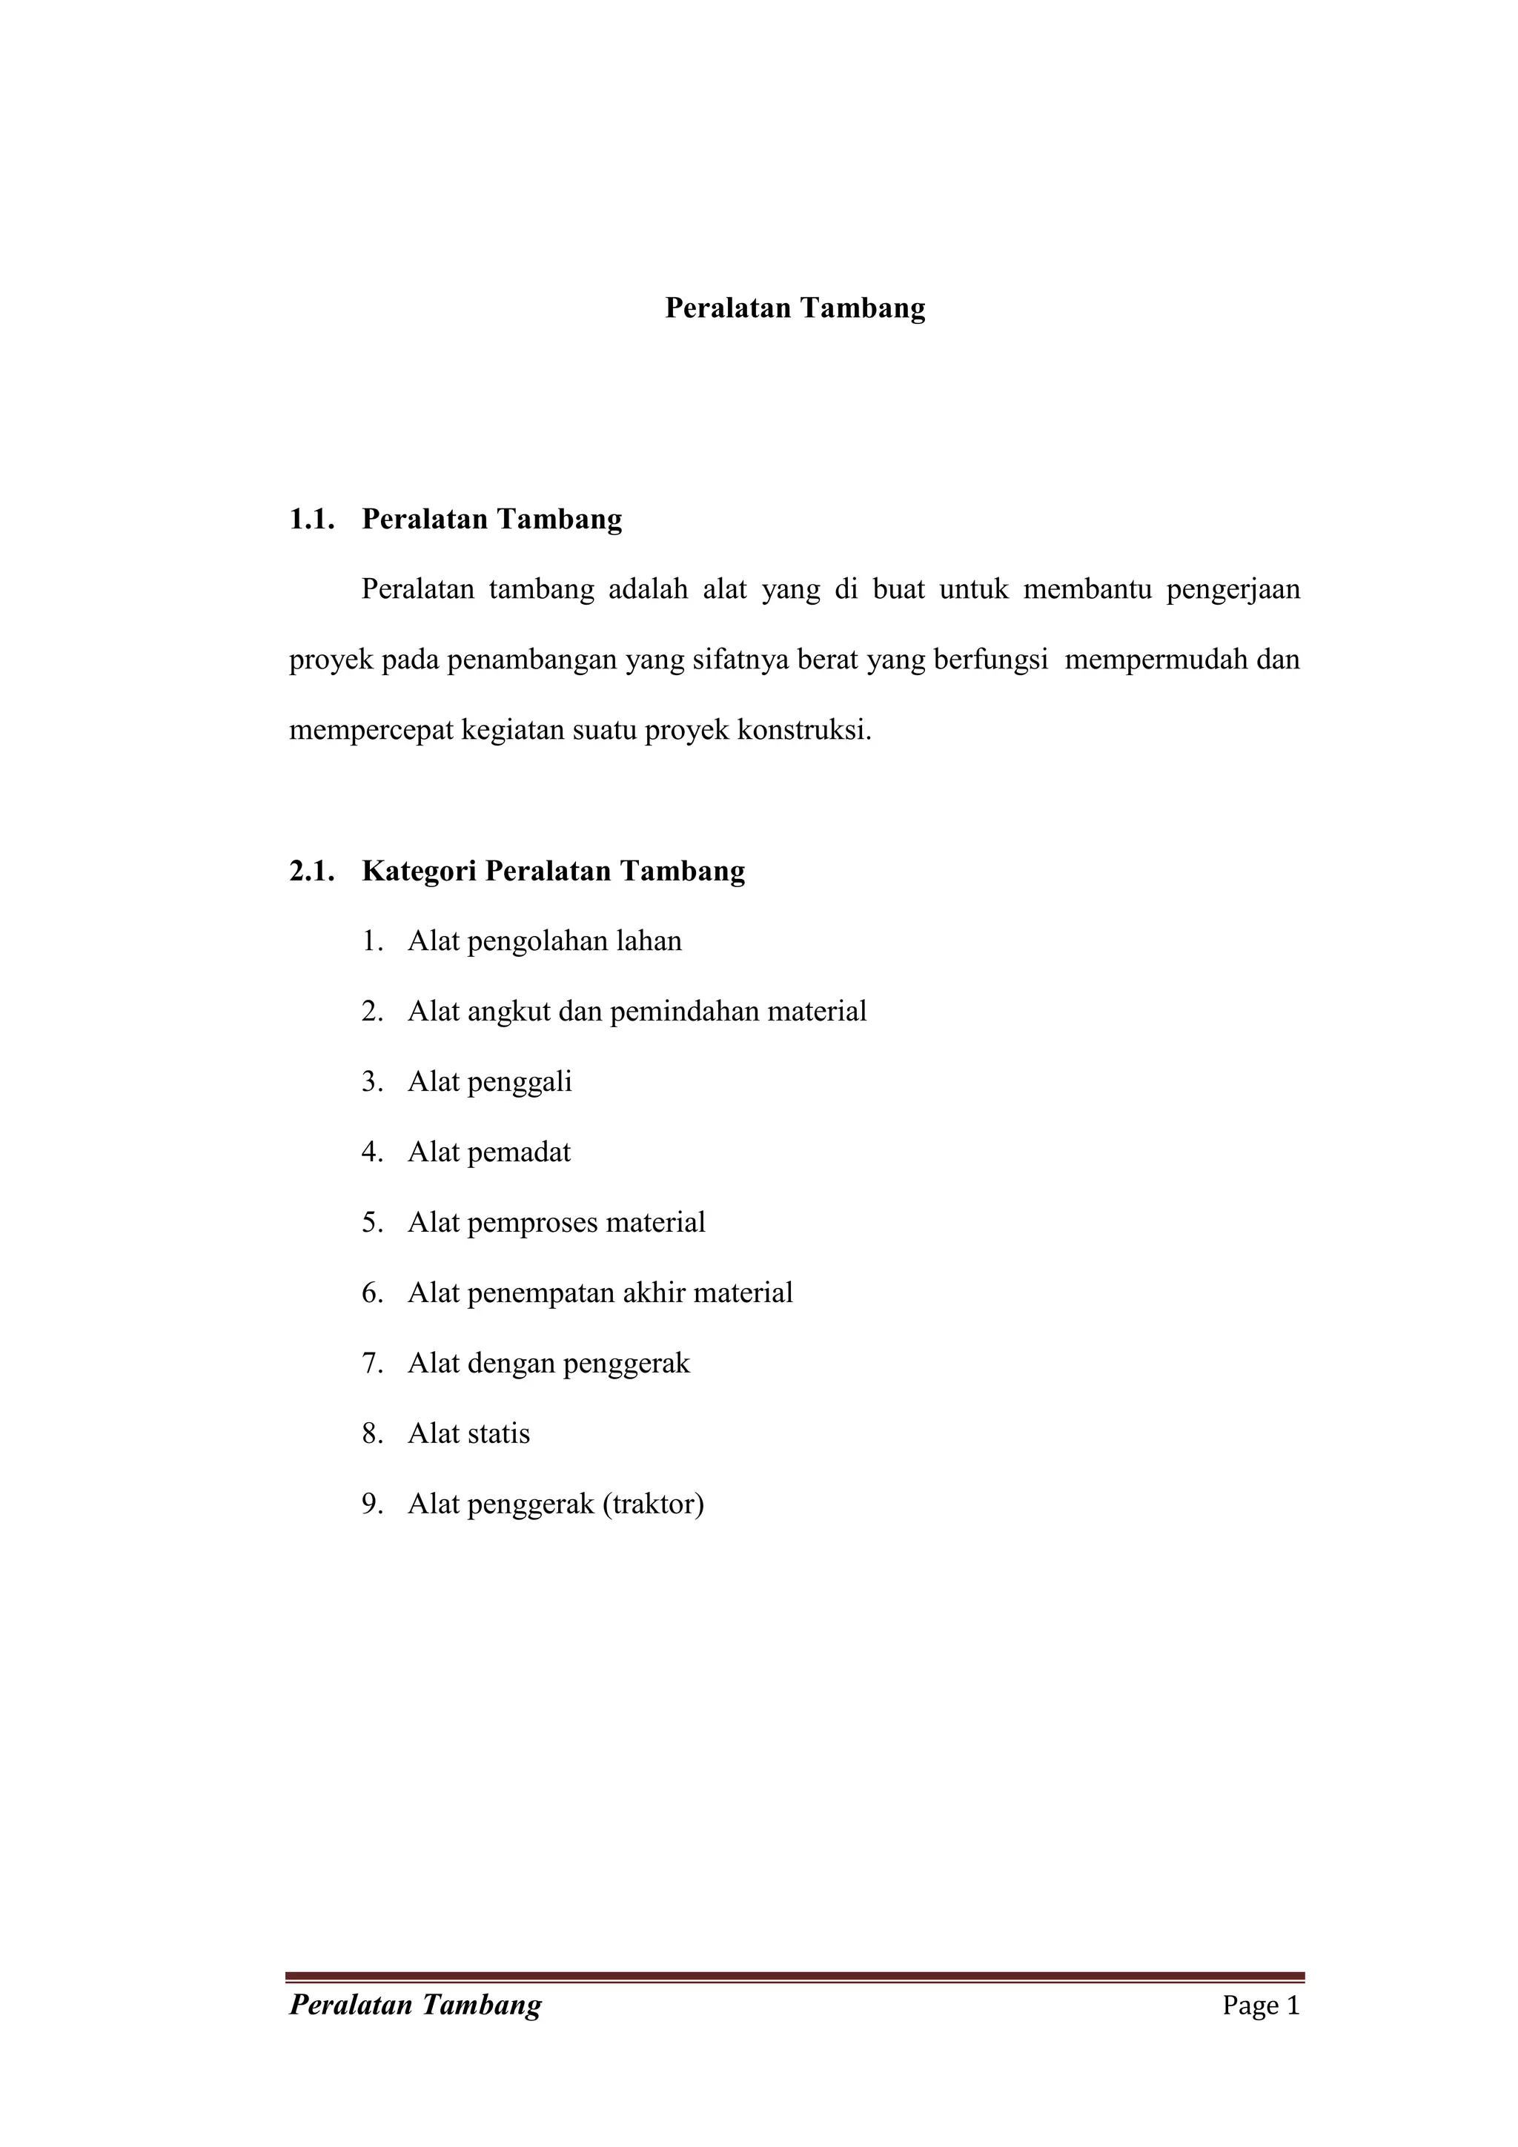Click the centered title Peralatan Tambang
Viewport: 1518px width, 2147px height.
795,308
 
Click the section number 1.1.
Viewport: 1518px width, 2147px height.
311,519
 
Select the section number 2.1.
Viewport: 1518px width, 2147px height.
311,871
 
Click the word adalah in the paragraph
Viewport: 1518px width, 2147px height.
648,590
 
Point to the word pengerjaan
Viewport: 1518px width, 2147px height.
1233,590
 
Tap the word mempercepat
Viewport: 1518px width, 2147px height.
372,730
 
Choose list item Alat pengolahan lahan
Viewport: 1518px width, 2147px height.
544,940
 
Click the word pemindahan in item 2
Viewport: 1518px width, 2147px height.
683,1012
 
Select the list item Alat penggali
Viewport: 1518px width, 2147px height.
489,1082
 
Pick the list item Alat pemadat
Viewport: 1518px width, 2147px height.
488,1152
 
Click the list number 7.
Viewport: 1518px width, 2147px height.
372,1364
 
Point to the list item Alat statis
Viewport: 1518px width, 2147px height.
468,1433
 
